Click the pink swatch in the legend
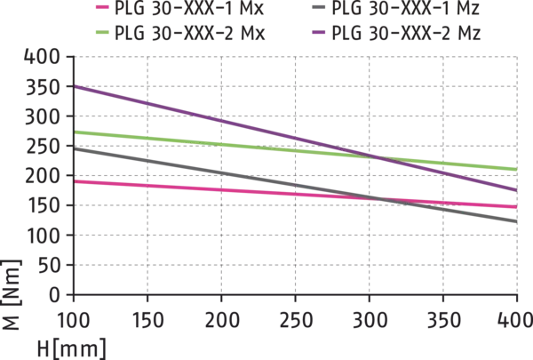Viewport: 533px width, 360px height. coord(103,8)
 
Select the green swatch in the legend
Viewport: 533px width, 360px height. coord(103,31)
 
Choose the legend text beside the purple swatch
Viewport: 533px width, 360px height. coord(405,33)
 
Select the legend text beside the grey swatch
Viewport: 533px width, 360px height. coord(405,9)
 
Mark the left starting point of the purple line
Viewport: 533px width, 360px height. coord(77,86)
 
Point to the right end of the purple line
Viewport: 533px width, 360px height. coord(517,189)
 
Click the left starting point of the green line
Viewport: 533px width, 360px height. coord(77,132)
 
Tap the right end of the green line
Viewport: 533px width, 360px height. coord(517,168)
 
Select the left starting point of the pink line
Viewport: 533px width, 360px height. coord(77,181)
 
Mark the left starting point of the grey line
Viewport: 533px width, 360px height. coord(77,148)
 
